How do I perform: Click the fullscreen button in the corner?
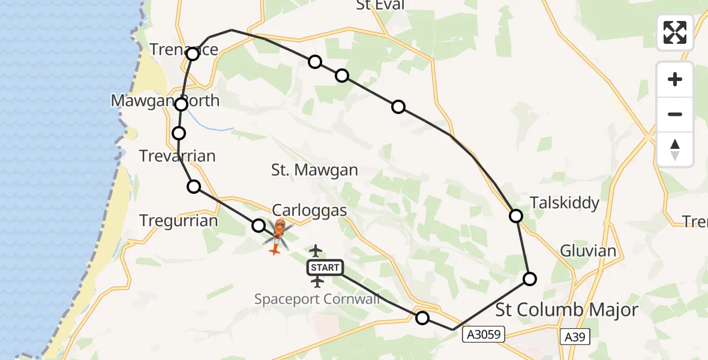[x=675, y=32]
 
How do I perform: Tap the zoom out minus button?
[x=675, y=114]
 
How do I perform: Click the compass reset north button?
[x=675, y=149]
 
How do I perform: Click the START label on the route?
[x=325, y=267]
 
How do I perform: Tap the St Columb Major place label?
[x=567, y=310]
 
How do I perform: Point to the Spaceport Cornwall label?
[x=317, y=298]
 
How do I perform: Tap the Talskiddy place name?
[x=564, y=203]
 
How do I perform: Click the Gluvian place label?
[x=588, y=250]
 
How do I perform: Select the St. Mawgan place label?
[x=314, y=170]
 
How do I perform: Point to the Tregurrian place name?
[x=179, y=221]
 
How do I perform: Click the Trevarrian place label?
[x=177, y=157]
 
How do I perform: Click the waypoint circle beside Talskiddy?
[x=516, y=215]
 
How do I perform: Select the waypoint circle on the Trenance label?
[x=193, y=55]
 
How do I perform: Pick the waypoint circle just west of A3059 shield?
[x=422, y=318]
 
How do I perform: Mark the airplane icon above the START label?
[x=316, y=251]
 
